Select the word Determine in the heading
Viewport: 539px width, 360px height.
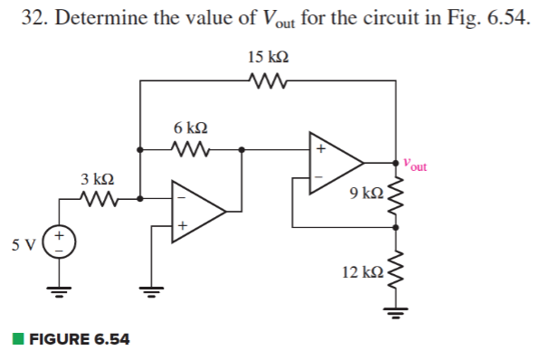[99, 19]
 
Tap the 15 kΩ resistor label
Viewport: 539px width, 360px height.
[268, 57]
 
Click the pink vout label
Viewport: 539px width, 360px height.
[416, 166]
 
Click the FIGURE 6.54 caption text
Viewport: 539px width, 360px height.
[79, 340]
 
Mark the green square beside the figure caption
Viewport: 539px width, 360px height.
[17, 340]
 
